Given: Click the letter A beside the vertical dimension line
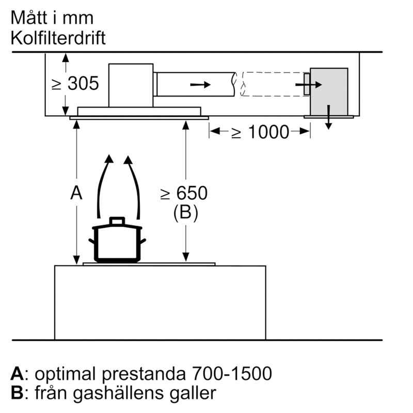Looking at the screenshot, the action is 76,194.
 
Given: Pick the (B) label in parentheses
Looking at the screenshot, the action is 185,213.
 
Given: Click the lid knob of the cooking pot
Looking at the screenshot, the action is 117,220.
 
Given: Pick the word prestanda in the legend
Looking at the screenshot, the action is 146,373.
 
